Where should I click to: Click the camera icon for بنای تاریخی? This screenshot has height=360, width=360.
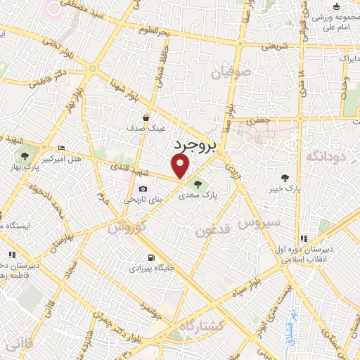[x=143, y=188]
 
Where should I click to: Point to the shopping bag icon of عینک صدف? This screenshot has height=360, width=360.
[x=145, y=118]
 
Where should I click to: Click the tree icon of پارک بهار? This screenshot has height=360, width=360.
[x=25, y=155]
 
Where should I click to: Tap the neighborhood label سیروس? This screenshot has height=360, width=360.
[x=258, y=223]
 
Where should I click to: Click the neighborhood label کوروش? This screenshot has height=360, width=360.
[x=128, y=228]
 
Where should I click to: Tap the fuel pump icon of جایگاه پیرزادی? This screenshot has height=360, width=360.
[x=152, y=257]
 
